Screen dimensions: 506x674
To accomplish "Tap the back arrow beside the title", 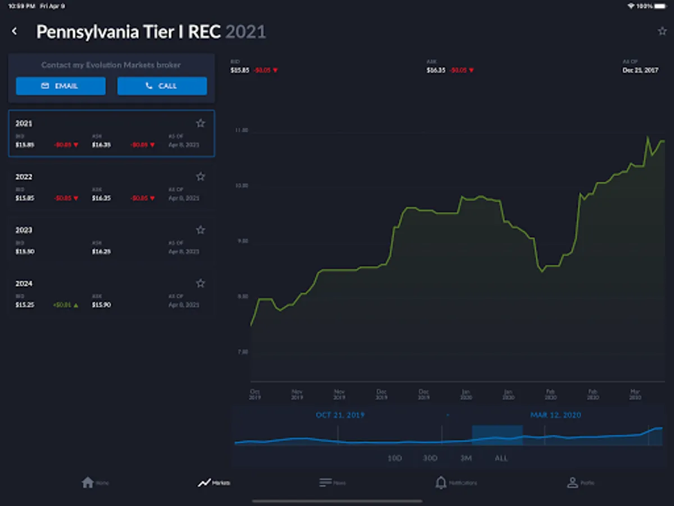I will [x=15, y=31].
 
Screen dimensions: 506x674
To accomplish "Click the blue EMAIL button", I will [x=61, y=86].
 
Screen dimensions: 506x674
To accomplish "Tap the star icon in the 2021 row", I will [x=201, y=123].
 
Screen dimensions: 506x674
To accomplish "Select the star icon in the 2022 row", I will [x=201, y=177].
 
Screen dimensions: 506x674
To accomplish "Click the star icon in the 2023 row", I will [x=201, y=230].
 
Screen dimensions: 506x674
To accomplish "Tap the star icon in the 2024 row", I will [x=201, y=283].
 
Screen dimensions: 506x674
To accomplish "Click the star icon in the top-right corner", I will [x=662, y=31].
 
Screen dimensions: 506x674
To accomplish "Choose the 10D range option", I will [x=395, y=458].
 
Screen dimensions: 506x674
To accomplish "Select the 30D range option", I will [x=430, y=458].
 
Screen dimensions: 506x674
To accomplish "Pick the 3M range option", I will [x=466, y=458].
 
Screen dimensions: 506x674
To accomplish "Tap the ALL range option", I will [x=501, y=458].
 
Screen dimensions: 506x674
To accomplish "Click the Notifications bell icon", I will [x=441, y=482].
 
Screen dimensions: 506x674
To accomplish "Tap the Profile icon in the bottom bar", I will [x=572, y=482].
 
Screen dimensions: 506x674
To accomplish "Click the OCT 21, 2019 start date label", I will [x=340, y=415].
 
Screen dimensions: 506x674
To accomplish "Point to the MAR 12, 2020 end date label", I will [x=555, y=415].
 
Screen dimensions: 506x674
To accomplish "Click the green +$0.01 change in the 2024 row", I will [x=66, y=305].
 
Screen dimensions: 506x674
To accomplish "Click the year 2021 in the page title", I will [x=245, y=32].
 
